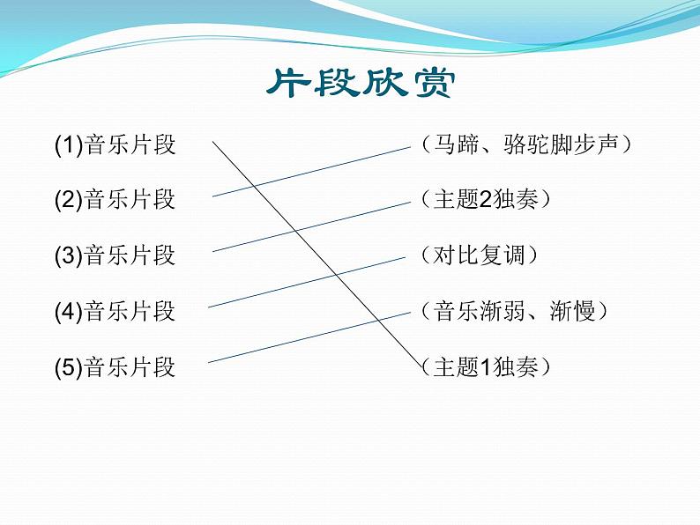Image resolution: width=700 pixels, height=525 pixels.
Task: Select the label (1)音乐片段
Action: [x=115, y=144]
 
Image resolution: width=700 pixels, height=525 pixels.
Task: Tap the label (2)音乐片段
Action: [x=115, y=200]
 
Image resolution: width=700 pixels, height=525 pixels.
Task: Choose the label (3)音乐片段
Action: [x=115, y=255]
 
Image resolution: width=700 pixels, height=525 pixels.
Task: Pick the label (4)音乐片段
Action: [x=115, y=311]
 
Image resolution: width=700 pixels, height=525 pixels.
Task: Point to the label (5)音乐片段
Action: [x=115, y=366]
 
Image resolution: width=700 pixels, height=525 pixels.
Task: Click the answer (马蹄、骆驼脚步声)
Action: [x=525, y=144]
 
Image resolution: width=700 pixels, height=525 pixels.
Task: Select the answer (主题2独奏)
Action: [x=486, y=200]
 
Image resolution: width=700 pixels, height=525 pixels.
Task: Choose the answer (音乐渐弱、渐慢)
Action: [x=514, y=311]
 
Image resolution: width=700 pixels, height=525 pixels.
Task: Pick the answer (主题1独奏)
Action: [x=486, y=366]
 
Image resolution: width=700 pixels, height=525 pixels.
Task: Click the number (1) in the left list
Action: [x=68, y=144]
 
